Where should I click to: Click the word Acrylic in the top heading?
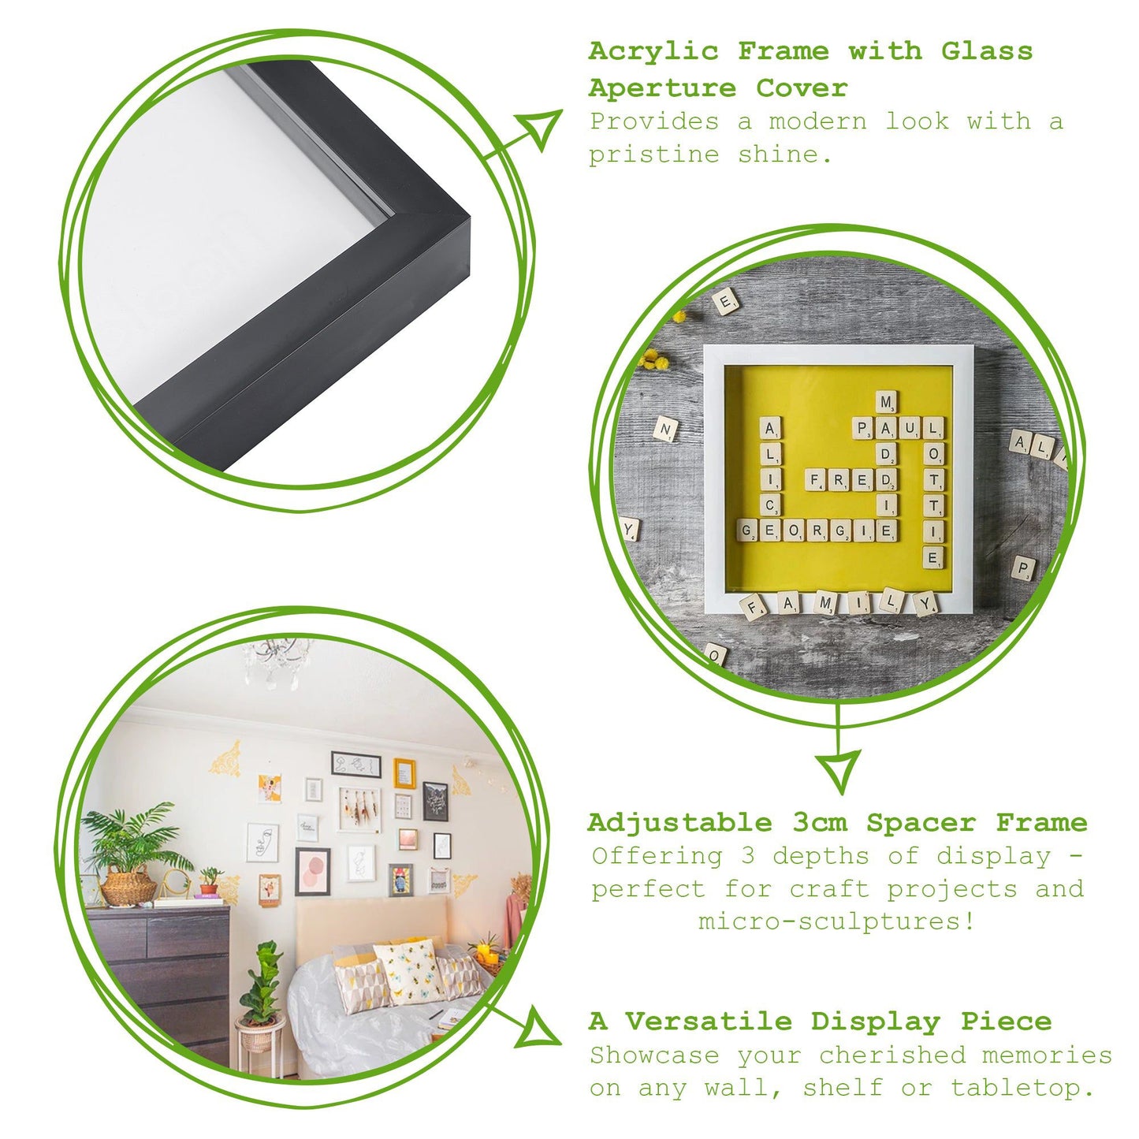(653, 52)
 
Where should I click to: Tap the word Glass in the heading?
(986, 52)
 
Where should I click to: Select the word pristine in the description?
(653, 154)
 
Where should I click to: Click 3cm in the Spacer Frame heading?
(820, 823)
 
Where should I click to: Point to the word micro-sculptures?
(836, 921)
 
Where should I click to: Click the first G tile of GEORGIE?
(747, 530)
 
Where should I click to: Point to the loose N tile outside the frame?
(665, 430)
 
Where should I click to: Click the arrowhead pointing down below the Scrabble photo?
(839, 769)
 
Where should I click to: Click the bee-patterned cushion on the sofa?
(409, 970)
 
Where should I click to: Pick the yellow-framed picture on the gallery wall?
(404, 773)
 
